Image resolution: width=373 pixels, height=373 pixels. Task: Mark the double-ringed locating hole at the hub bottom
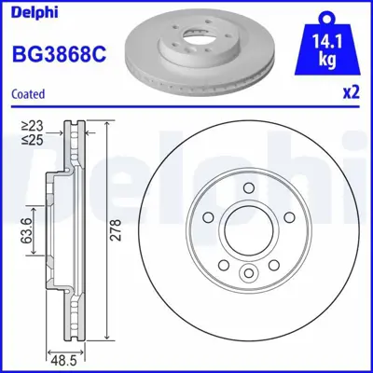[x=250, y=273]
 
